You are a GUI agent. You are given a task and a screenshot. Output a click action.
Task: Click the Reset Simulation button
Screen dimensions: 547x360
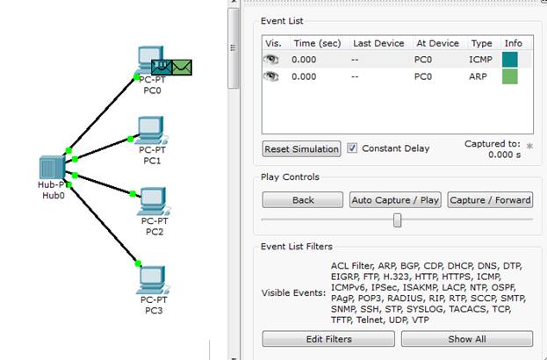pos(301,149)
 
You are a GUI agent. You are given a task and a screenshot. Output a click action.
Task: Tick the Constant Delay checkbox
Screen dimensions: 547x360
pos(352,148)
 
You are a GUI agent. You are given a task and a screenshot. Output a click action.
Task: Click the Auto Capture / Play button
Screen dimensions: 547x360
pos(395,200)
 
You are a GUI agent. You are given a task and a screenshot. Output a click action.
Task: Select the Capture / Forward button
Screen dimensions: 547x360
pos(490,200)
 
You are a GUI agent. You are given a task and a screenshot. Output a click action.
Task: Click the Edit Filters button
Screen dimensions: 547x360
pos(328,339)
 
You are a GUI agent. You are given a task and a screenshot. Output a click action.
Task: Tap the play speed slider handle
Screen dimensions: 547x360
pos(397,220)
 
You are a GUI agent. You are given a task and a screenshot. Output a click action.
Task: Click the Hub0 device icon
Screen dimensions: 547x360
pos(53,168)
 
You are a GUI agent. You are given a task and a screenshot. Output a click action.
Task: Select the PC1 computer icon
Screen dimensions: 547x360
pos(152,131)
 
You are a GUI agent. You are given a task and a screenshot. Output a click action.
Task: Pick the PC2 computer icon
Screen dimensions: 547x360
pos(154,202)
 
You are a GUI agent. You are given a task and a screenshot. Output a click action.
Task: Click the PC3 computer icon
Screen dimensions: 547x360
pos(153,280)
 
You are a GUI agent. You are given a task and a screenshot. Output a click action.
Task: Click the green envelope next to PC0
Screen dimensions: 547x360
pos(182,68)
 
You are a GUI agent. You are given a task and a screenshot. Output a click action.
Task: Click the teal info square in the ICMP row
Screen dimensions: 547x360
pos(509,60)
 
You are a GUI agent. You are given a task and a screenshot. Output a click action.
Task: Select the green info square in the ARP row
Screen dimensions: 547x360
pos(509,76)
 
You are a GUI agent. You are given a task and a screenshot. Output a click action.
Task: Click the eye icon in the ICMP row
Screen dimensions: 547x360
pos(271,60)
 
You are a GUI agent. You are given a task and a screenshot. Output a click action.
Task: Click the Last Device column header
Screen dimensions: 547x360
pos(378,43)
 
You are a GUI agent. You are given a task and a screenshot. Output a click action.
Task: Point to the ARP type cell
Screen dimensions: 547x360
pos(478,76)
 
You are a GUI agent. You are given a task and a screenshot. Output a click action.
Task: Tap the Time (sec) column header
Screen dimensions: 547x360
pos(317,44)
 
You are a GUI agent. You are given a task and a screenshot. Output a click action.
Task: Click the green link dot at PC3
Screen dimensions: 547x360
pos(138,263)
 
